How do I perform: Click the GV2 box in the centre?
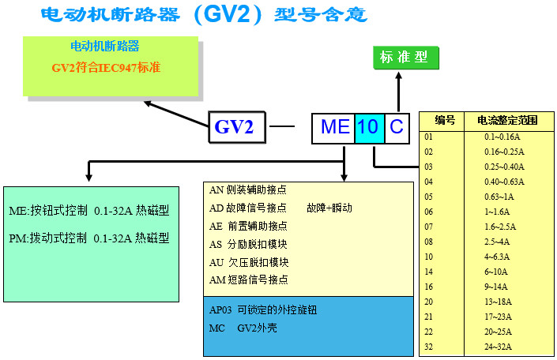click(x=235, y=126)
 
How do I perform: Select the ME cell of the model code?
click(x=334, y=126)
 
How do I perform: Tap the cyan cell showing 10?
click(x=368, y=126)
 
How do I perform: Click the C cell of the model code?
click(x=397, y=126)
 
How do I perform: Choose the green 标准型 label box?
click(x=404, y=58)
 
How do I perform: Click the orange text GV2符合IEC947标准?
click(x=106, y=68)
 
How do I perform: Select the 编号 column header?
click(x=445, y=121)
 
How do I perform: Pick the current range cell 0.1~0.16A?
click(x=502, y=137)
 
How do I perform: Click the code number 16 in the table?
click(x=429, y=287)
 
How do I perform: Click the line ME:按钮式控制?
click(x=88, y=212)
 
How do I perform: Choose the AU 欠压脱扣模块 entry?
click(x=249, y=262)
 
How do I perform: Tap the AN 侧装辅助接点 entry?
click(x=247, y=189)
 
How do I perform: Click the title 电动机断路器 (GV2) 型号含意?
click(x=203, y=15)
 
